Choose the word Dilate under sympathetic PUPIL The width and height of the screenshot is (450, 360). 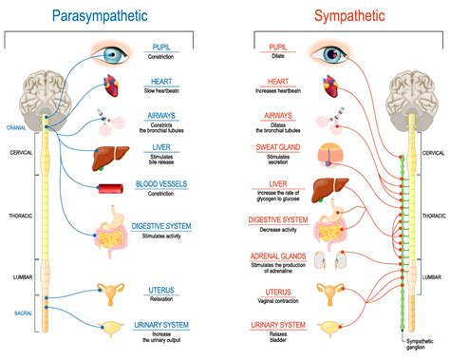(278, 56)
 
